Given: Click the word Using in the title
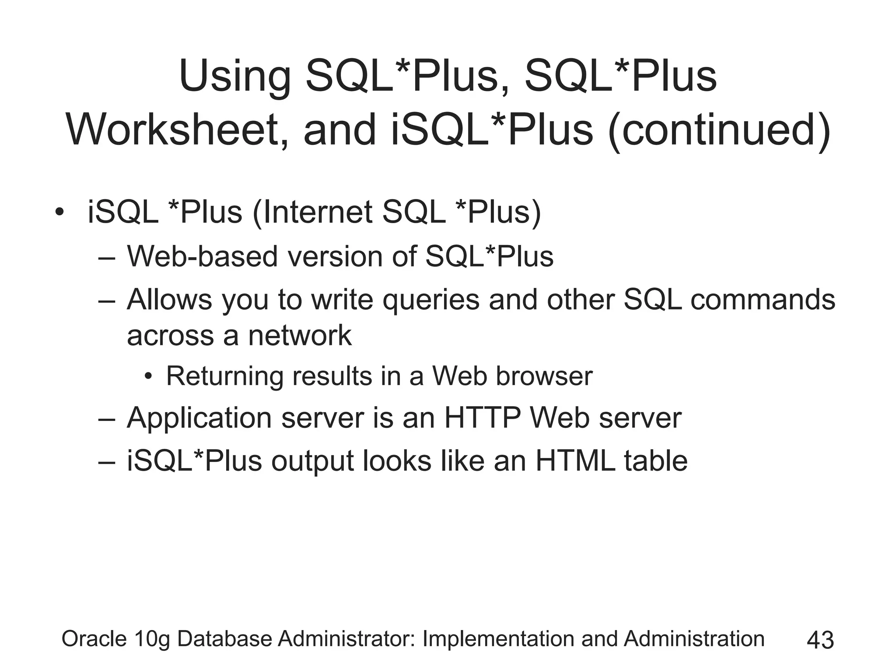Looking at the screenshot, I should pos(234,77).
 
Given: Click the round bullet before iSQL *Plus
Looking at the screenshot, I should pos(59,213).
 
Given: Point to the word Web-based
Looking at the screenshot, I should pos(202,256).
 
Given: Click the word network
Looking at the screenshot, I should pos(300,336).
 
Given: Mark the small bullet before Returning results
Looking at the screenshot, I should pos(149,376).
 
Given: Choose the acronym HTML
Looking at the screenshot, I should pos(575,461).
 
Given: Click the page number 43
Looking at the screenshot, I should pos(820,640).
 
